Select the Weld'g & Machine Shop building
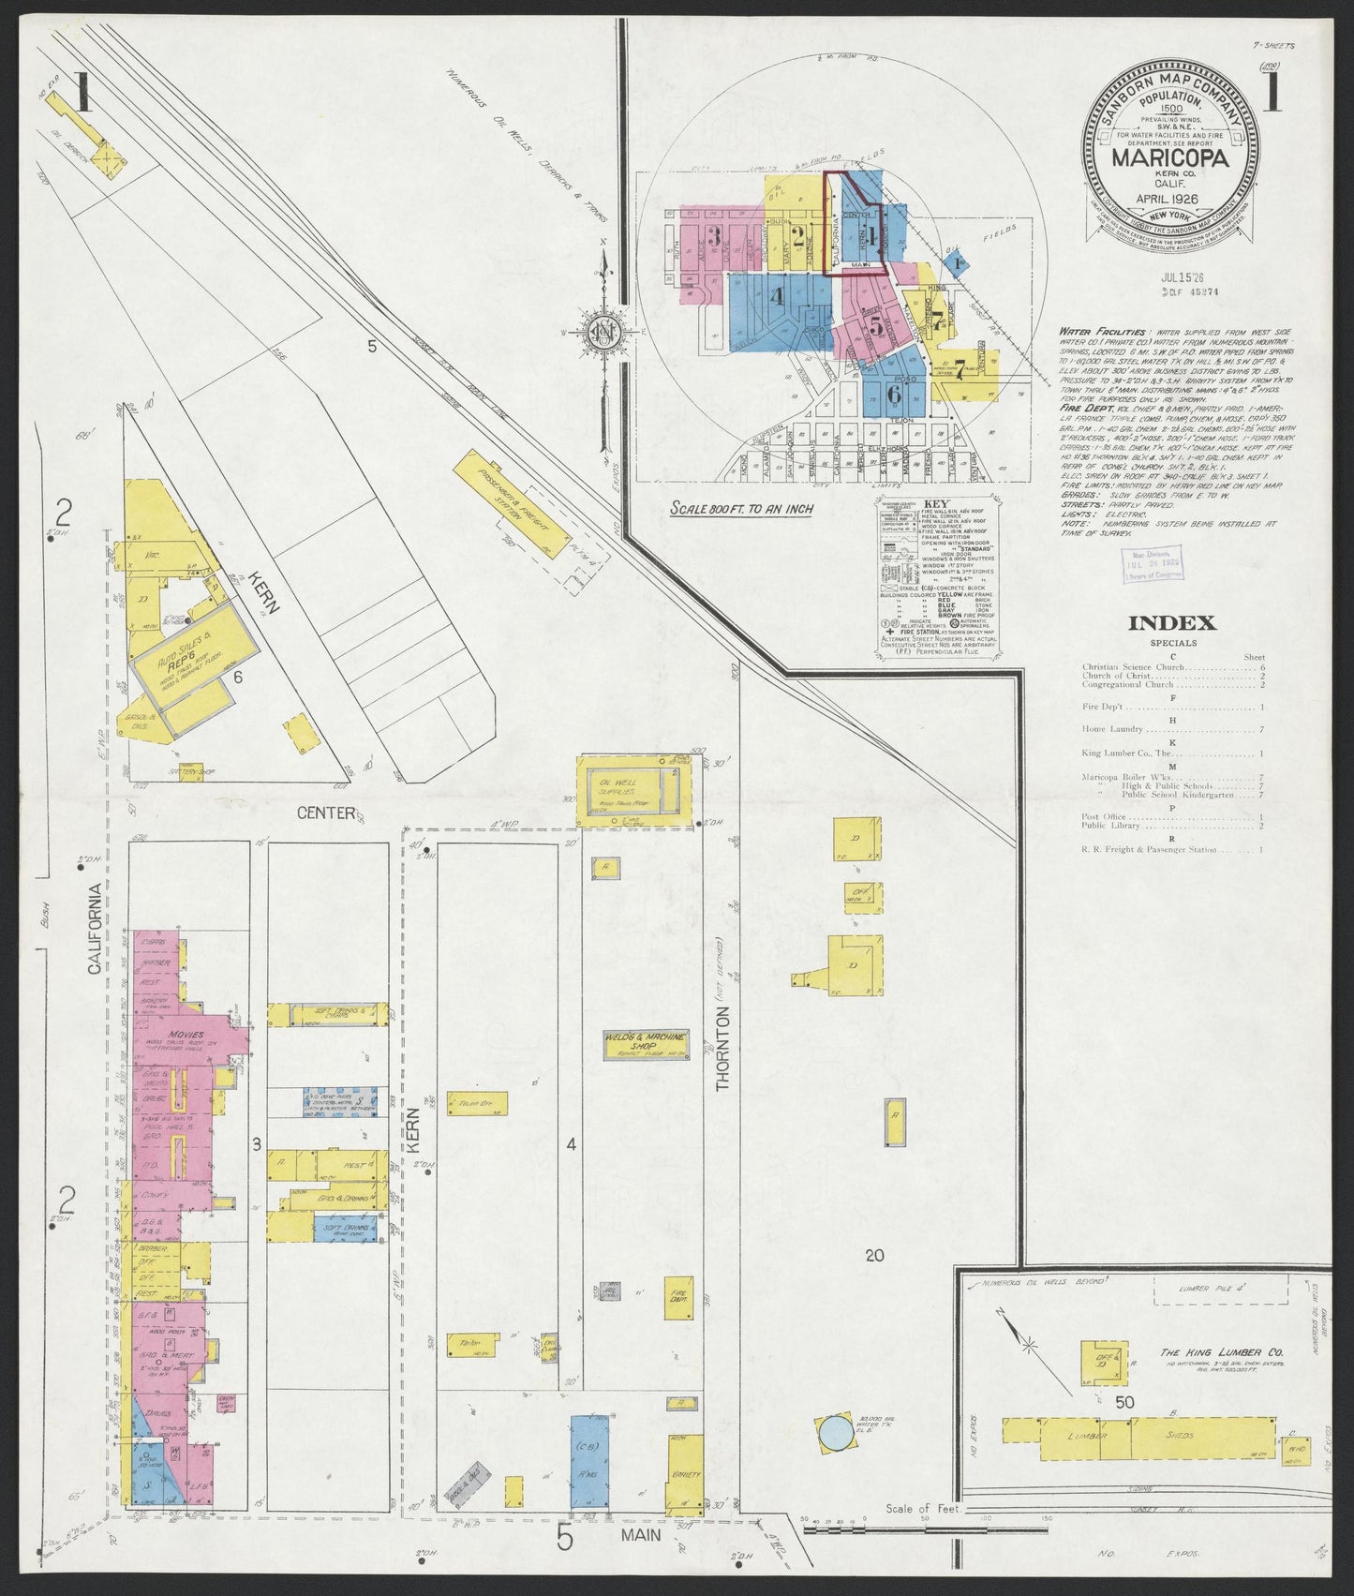647,1045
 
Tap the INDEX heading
1171,623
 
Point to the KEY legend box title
936,503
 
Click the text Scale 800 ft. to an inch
741,509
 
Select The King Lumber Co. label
1222,1352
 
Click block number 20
874,1255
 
